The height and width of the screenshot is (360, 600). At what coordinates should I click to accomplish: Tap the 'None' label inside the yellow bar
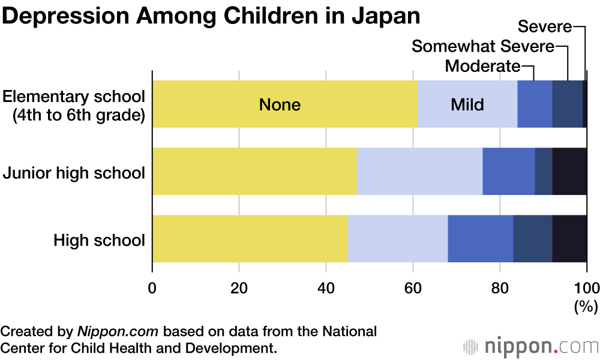[x=280, y=104]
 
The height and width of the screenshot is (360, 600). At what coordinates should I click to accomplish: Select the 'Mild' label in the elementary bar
[x=467, y=104]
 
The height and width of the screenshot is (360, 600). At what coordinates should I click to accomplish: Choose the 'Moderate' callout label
[x=482, y=65]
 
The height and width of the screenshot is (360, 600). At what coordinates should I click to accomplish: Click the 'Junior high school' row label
[x=74, y=173]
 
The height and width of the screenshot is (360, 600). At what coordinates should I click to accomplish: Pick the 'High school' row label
[x=99, y=241]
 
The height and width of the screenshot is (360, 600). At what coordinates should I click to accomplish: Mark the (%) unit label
[x=586, y=307]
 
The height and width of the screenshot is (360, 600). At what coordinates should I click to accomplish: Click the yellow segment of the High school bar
[x=250, y=238]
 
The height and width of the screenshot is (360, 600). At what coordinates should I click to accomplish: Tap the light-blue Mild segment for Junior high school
[x=419, y=171]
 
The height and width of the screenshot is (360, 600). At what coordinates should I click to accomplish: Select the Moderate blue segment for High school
[x=480, y=238]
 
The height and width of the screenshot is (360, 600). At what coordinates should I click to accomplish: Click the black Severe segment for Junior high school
[x=569, y=171]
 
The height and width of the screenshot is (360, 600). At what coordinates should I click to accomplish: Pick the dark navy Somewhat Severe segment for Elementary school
[x=567, y=104]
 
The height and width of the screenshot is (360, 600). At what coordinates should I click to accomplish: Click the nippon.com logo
[x=531, y=346]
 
